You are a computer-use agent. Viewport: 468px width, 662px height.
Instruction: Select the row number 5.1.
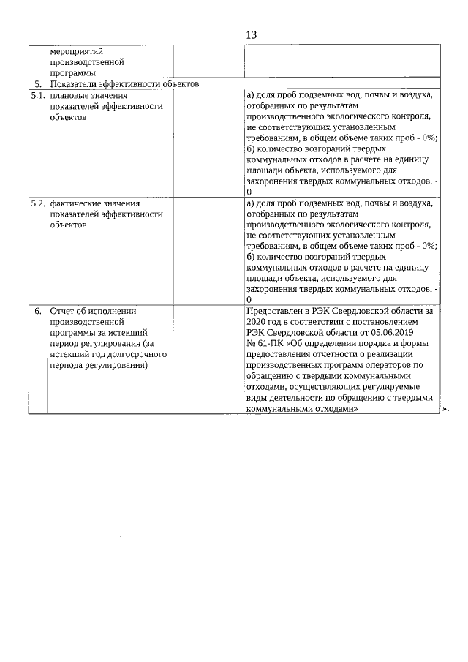[x=38, y=96]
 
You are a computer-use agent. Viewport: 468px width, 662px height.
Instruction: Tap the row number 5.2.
[x=38, y=203]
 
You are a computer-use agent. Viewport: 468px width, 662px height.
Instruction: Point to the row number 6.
[x=38, y=310]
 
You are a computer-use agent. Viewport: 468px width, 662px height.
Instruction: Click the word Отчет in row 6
[x=64, y=310]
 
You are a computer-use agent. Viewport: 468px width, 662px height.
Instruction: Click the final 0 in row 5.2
[x=249, y=300]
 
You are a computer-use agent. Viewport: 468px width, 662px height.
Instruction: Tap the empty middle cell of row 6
[x=208, y=358]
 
